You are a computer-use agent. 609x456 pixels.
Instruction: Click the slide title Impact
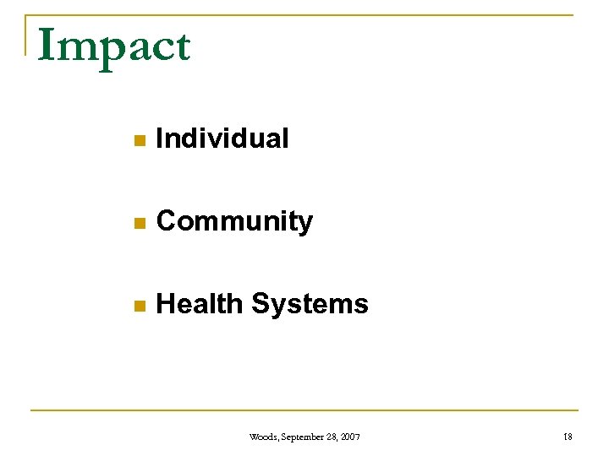coord(114,46)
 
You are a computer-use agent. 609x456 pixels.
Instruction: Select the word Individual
coord(222,138)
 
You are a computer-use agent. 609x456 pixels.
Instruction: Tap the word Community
coord(234,222)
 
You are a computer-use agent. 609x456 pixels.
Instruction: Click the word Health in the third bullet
coord(200,304)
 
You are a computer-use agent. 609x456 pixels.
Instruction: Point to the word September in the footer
coord(299,437)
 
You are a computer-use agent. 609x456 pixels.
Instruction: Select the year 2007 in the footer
coord(349,437)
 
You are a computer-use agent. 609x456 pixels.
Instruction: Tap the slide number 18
coord(567,437)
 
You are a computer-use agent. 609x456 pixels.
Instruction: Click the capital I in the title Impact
coord(47,46)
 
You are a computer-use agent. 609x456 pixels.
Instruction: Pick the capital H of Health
coord(166,304)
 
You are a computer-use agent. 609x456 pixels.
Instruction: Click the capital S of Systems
coord(261,304)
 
